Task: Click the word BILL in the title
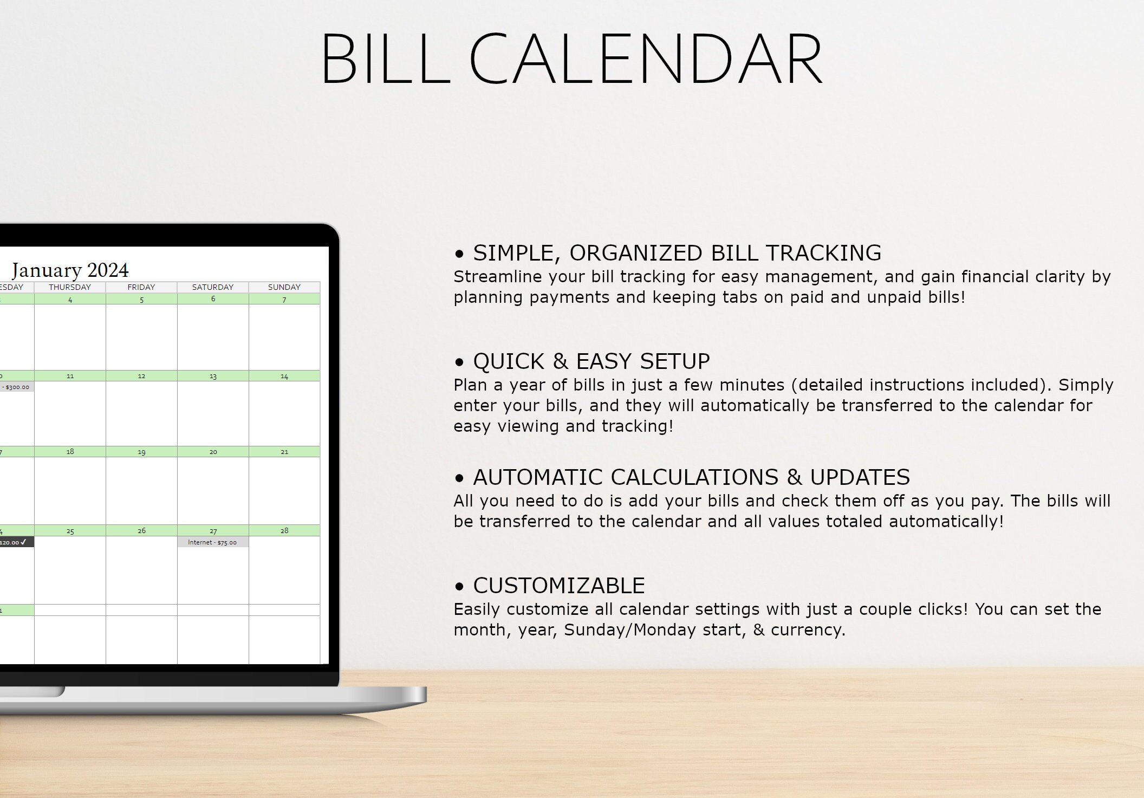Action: (386, 59)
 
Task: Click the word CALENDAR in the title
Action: (646, 59)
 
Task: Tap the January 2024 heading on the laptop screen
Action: (70, 270)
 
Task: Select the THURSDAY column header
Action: (70, 287)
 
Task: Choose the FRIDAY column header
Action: (141, 287)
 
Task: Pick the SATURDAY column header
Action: (213, 287)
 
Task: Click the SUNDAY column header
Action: (284, 287)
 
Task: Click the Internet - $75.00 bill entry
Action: (212, 542)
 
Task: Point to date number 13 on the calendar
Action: (213, 376)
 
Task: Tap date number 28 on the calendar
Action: (284, 531)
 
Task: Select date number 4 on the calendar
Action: (70, 300)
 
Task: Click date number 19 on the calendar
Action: (141, 452)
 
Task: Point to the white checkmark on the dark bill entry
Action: (23, 542)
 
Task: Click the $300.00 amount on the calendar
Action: (17, 387)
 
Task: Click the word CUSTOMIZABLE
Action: (558, 586)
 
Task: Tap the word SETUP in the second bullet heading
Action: (675, 361)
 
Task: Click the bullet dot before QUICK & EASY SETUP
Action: (460, 362)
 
